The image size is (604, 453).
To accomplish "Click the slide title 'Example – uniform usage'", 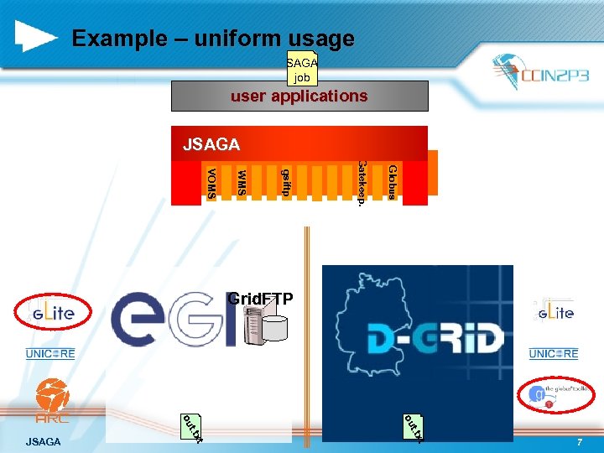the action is [x=213, y=39].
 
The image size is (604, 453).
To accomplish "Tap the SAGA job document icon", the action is [x=302, y=68].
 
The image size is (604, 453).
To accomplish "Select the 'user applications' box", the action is [x=299, y=96].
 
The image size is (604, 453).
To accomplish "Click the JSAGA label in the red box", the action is [x=211, y=145].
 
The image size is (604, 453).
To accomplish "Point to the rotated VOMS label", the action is [x=211, y=183].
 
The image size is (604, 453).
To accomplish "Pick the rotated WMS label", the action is [x=242, y=182].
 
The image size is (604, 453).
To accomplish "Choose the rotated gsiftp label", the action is [x=286, y=182].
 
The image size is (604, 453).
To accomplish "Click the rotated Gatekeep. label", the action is [x=361, y=183].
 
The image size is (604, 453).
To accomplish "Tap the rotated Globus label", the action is [x=392, y=182].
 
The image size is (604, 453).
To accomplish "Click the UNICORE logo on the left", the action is [x=50, y=354].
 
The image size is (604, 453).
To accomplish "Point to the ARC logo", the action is [x=52, y=402].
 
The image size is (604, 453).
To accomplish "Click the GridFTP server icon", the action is [x=263, y=325].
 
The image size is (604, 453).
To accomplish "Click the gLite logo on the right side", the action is [x=553, y=313].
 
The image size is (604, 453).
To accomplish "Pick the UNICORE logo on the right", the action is [x=553, y=354].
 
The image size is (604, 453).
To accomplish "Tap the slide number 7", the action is [x=580, y=441].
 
